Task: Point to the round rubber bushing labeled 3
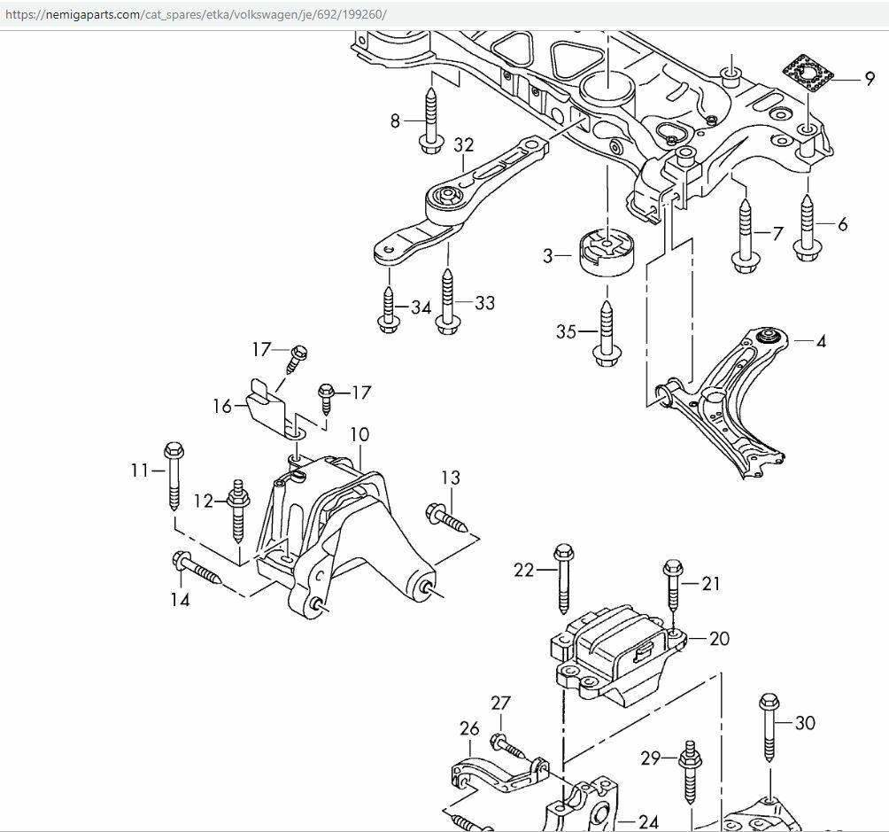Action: [x=605, y=252]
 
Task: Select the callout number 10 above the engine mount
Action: [x=359, y=435]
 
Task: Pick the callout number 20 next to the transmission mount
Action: [x=719, y=638]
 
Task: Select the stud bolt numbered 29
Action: [x=688, y=774]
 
